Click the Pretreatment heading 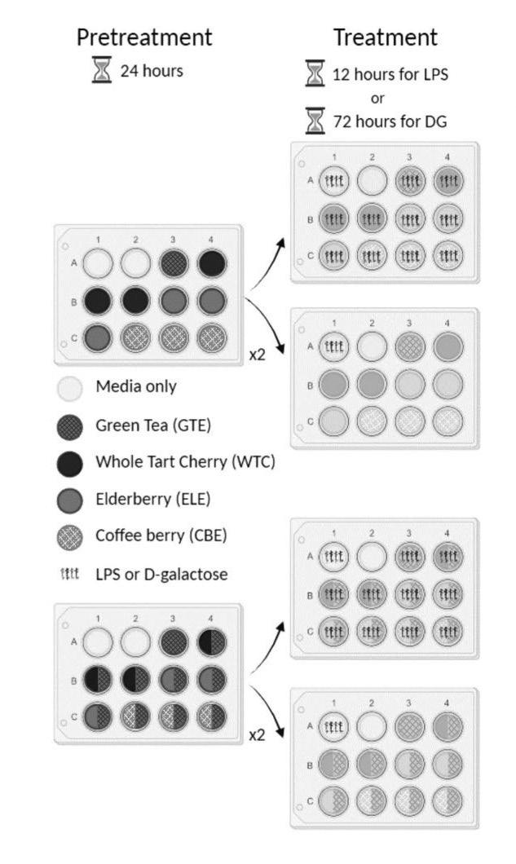pyautogui.click(x=144, y=37)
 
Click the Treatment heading pyautogui.click(x=385, y=37)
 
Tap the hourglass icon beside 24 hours pyautogui.click(x=102, y=71)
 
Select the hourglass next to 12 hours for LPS pyautogui.click(x=315, y=73)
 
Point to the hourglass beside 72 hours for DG pyautogui.click(x=315, y=121)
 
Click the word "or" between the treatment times pyautogui.click(x=377, y=98)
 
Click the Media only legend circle pyautogui.click(x=71, y=388)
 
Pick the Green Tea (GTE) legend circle pyautogui.click(x=71, y=425)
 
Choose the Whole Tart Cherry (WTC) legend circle pyautogui.click(x=71, y=462)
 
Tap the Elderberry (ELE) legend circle pyautogui.click(x=71, y=500)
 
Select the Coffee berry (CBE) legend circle pyautogui.click(x=71, y=537)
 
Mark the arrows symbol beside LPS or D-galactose pyautogui.click(x=71, y=575)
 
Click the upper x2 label pyautogui.click(x=258, y=355)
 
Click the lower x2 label pyautogui.click(x=258, y=734)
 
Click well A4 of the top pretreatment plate pyautogui.click(x=211, y=263)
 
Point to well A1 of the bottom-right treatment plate pyautogui.click(x=333, y=727)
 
